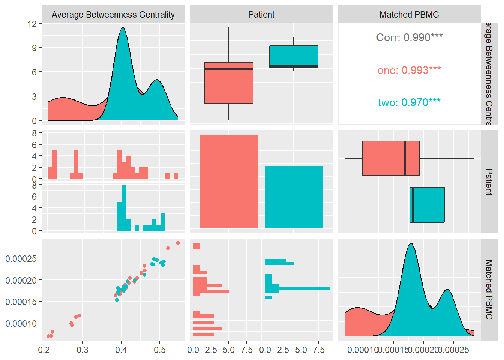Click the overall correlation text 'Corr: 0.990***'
(409, 37)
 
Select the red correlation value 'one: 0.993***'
(409, 70)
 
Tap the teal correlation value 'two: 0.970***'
(409, 102)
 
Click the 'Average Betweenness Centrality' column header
(113, 15)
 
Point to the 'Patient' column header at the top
(261, 15)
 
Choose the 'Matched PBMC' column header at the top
(409, 15)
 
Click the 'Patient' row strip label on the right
(489, 182)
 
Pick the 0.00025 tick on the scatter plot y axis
(21, 258)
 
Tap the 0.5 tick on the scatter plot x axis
(160, 350)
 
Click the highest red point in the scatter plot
(178, 243)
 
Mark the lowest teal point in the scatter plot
(117, 300)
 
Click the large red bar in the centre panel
(229, 182)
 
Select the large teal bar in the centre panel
(294, 197)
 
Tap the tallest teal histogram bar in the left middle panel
(124, 207)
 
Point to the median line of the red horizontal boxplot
(405, 158)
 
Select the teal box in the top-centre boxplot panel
(294, 56)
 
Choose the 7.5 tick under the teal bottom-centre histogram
(319, 350)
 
